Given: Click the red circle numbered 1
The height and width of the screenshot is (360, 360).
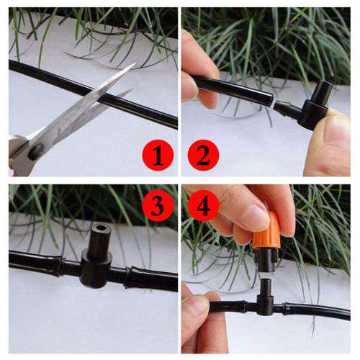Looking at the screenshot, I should coord(158,155).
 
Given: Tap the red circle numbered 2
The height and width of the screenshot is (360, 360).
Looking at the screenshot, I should coord(203,155).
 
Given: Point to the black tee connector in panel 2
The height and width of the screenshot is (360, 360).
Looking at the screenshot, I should coord(313,108).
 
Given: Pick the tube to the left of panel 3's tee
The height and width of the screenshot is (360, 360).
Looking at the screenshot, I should coord(40,262).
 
